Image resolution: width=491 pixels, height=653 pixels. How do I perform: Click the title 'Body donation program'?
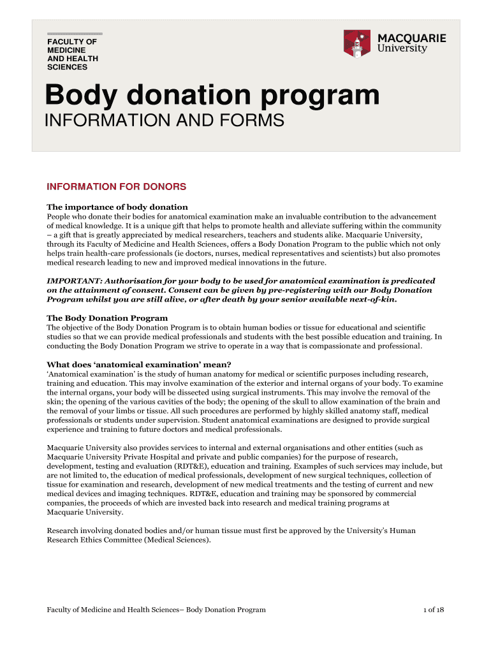coord(212,96)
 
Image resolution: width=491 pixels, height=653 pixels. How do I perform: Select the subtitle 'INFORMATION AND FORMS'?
coord(165,121)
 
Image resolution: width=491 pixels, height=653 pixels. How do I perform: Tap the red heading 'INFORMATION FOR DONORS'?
coord(117,187)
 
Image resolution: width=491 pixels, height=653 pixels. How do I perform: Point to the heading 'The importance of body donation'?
coord(117,207)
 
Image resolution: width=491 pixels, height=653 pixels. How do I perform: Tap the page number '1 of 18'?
coord(434,610)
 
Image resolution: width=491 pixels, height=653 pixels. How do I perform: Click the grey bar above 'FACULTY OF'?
coord(75,33)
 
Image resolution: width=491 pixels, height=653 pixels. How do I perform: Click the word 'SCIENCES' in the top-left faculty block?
coord(68,67)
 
